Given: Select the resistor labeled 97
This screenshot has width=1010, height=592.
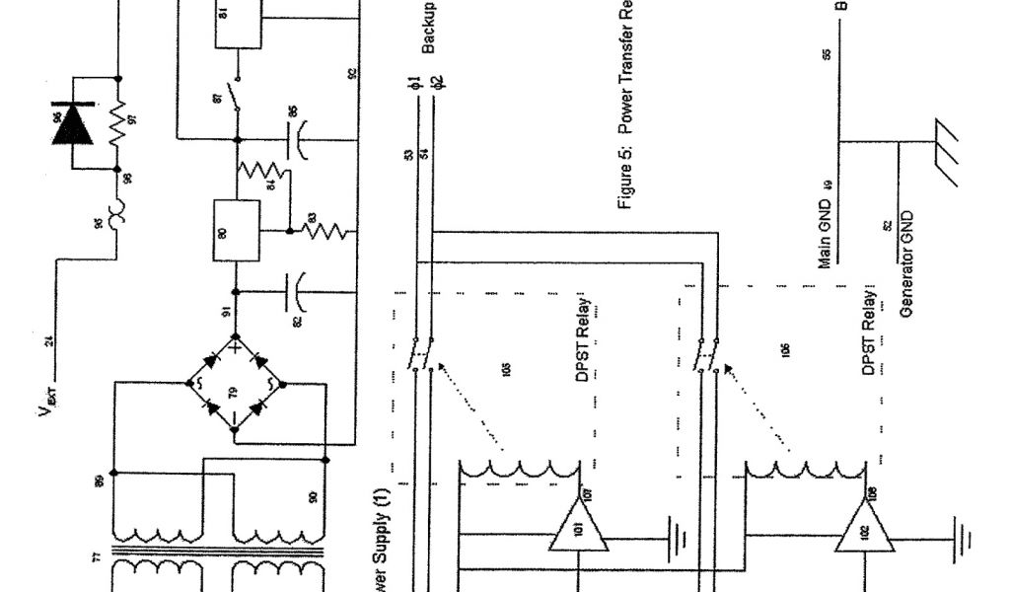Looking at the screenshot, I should tap(117, 124).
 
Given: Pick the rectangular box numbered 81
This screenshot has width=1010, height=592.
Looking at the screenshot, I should tap(238, 22).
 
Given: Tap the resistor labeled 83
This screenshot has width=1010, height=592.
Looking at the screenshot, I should tap(323, 231).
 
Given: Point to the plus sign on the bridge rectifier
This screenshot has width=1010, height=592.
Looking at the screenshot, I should tap(237, 347).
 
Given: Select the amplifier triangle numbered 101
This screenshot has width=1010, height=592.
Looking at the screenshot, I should tap(576, 523).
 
